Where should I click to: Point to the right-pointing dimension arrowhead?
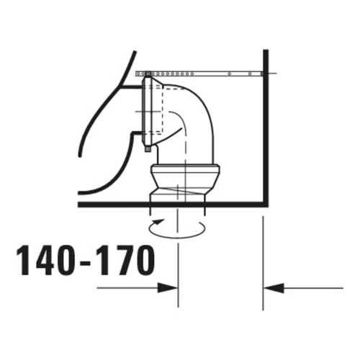pyautogui.click(x=168, y=288)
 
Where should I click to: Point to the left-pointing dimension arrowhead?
pyautogui.click(x=274, y=288)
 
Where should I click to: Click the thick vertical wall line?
pyautogui.click(x=266, y=127)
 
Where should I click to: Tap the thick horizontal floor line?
pyautogui.click(x=173, y=204)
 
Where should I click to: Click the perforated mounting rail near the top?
pyautogui.click(x=199, y=73)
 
